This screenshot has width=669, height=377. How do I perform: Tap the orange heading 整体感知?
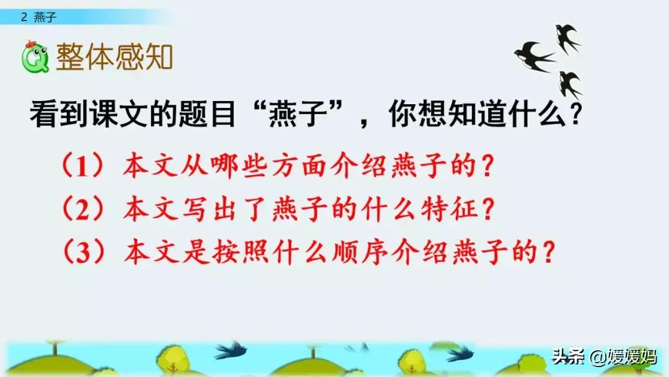tap(114, 58)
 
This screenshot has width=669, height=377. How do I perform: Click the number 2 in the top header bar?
tap(24, 17)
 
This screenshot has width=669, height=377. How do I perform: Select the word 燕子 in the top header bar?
tap(45, 17)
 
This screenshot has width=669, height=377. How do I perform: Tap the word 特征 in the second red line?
tap(457, 211)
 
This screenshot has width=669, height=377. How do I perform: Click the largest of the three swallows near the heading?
tap(534, 56)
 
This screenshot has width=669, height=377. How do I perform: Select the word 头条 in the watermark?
tap(567, 357)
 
